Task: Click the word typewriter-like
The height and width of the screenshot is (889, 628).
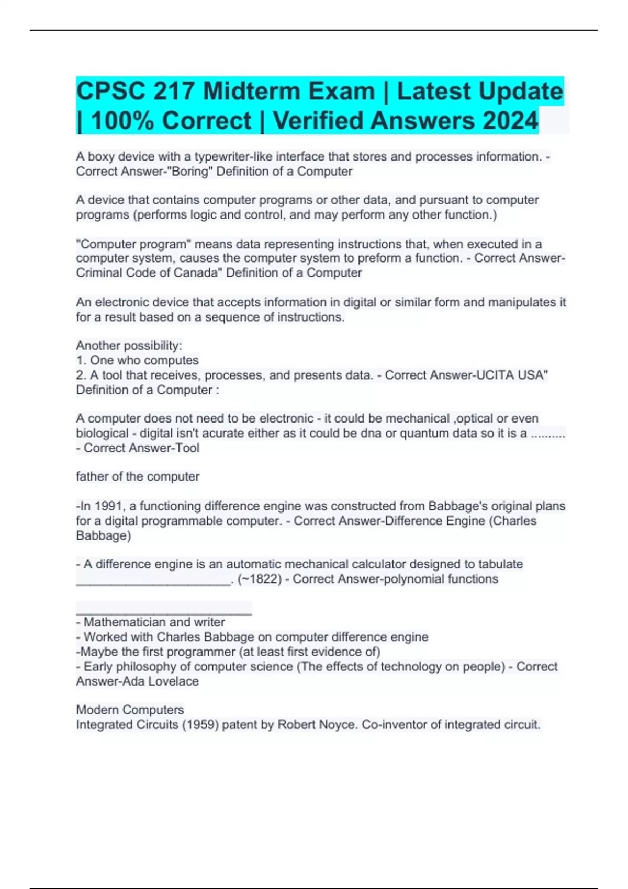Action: [233, 157]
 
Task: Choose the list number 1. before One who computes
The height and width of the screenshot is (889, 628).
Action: [81, 361]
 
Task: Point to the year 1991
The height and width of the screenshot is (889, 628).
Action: [108, 506]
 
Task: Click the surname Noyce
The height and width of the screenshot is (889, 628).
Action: [338, 725]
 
